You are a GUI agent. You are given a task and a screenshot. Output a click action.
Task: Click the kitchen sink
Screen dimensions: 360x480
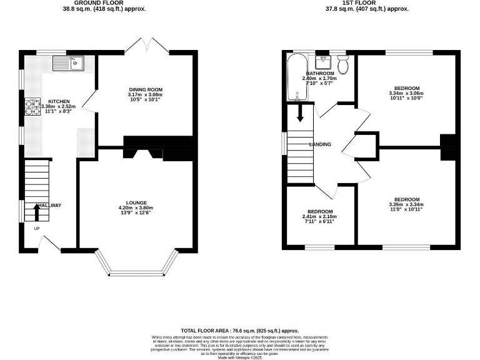(x=68, y=62)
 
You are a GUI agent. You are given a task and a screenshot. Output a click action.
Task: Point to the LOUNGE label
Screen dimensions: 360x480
(x=136, y=202)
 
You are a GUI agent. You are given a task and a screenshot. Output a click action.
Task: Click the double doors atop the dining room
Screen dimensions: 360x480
(x=145, y=46)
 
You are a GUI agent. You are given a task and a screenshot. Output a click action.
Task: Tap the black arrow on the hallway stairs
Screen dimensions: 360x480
(x=35, y=212)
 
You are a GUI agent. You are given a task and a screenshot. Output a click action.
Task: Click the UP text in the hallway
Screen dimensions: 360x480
(x=37, y=228)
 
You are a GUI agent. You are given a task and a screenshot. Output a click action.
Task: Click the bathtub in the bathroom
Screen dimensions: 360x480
(x=294, y=77)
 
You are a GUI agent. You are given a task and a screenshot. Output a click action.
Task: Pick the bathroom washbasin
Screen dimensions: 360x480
(x=322, y=62)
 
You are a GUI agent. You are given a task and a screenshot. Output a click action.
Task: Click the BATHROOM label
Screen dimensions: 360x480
(x=319, y=74)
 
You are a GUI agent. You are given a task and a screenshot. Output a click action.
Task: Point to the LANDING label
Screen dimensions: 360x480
(x=320, y=144)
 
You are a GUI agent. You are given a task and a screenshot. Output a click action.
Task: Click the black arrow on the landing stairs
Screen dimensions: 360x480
(x=300, y=114)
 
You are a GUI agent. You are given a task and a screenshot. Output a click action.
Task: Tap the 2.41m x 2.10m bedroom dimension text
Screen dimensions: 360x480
(x=319, y=216)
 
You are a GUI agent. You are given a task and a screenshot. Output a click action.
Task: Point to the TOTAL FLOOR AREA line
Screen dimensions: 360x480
(x=239, y=329)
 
